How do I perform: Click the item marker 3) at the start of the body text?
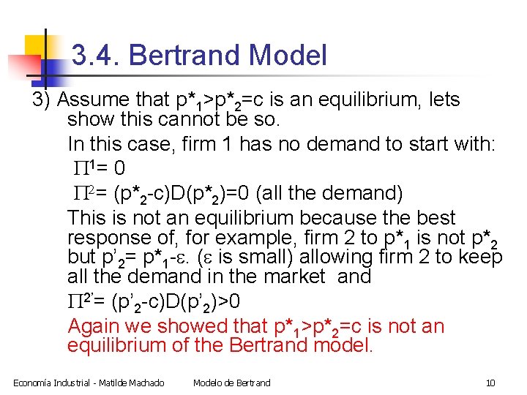click(x=42, y=99)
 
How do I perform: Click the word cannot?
click(x=190, y=119)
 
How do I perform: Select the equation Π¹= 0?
click(x=100, y=169)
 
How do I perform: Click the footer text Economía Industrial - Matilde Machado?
click(x=89, y=383)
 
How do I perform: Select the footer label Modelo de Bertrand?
click(x=231, y=383)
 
